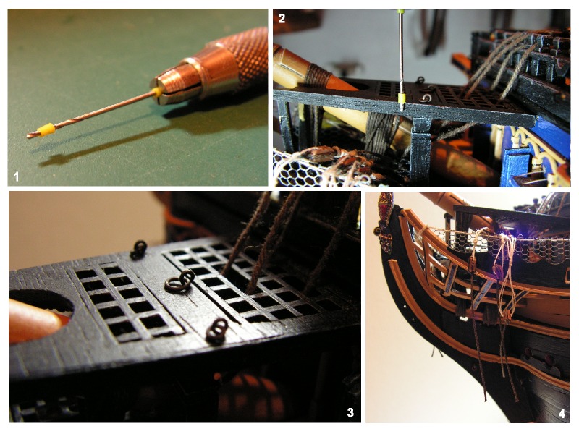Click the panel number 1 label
coord(16,176)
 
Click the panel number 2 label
coord(282,19)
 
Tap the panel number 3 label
coord(350,412)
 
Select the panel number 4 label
coord(562,413)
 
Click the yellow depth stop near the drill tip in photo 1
coord(46,130)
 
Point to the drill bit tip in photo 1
coord(28,136)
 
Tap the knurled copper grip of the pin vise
coord(245,56)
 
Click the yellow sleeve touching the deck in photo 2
coord(402,98)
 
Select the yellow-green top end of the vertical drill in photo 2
coord(402,13)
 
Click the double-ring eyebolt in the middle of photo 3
coord(179,281)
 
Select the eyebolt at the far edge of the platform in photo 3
coord(138,250)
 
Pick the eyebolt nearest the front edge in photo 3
coord(217,331)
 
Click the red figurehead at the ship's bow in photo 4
coord(386,222)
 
